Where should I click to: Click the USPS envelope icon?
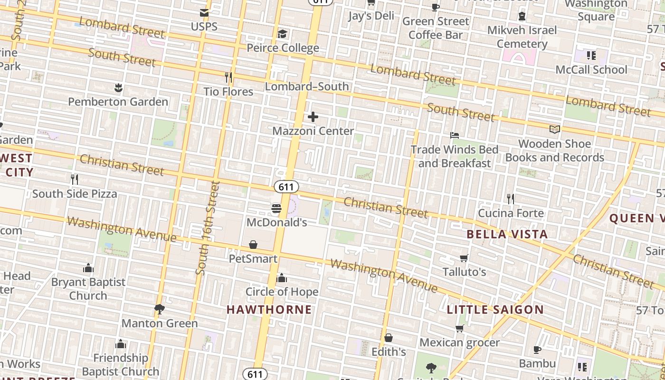pyautogui.click(x=204, y=13)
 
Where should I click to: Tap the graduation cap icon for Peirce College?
pyautogui.click(x=283, y=34)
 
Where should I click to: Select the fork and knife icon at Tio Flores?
pyautogui.click(x=228, y=77)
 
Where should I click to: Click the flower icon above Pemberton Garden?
pyautogui.click(x=118, y=87)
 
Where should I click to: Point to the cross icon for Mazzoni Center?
pyautogui.click(x=313, y=117)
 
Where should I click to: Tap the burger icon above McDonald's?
pyautogui.click(x=276, y=208)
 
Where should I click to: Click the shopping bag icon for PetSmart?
pyautogui.click(x=253, y=245)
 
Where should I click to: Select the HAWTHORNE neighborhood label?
pyautogui.click(x=269, y=310)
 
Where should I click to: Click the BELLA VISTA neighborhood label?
pyautogui.click(x=507, y=234)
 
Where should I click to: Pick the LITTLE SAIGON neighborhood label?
pyautogui.click(x=495, y=310)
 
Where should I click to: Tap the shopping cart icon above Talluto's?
pyautogui.click(x=464, y=258)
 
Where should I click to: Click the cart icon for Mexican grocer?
pyautogui.click(x=459, y=329)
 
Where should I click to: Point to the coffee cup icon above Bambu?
pyautogui.click(x=537, y=350)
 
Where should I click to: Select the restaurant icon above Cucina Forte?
pyautogui.click(x=511, y=199)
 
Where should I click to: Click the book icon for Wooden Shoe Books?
pyautogui.click(x=554, y=129)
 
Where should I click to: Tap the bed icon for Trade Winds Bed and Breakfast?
pyautogui.click(x=455, y=135)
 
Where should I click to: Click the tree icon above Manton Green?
pyautogui.click(x=160, y=309)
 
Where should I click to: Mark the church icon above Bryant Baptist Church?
pyautogui.click(x=88, y=268)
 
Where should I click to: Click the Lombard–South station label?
pyautogui.click(x=307, y=86)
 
